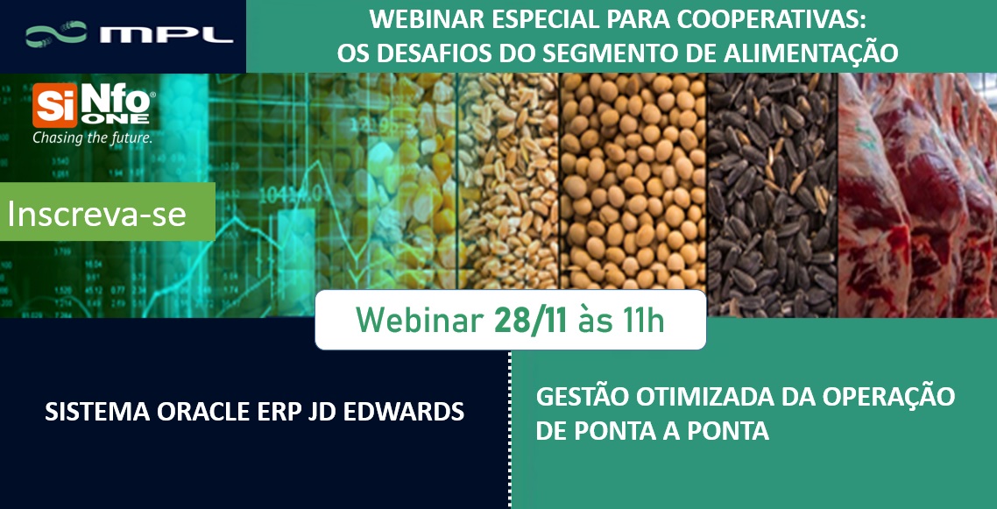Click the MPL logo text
click(166, 35)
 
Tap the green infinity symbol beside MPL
click(56, 35)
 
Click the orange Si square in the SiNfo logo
click(51, 108)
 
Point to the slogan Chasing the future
click(92, 138)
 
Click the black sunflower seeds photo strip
click(772, 193)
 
